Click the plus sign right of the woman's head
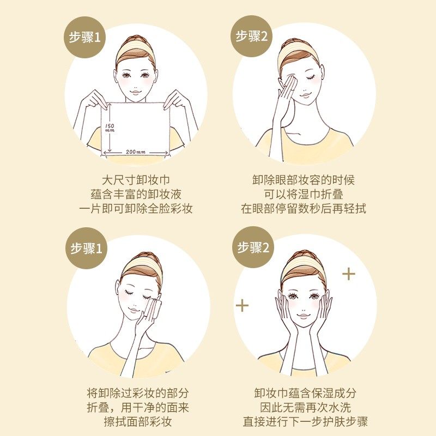click(348, 273)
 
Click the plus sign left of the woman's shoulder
click(242, 305)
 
